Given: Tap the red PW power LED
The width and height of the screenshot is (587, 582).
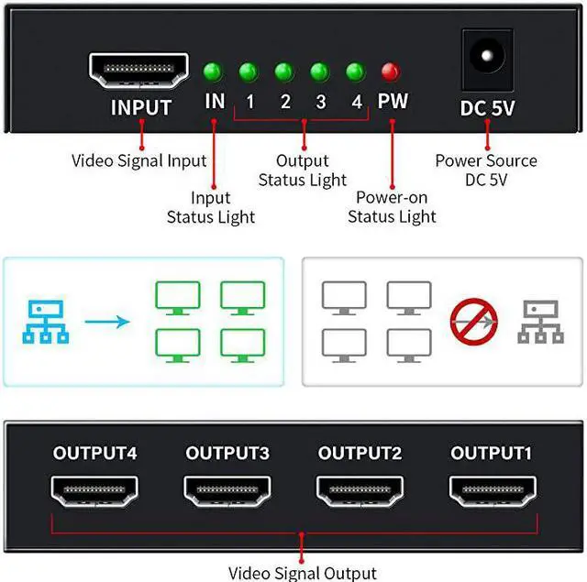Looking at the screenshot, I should (x=392, y=70).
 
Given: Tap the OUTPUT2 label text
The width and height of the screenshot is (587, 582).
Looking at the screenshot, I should (x=360, y=453).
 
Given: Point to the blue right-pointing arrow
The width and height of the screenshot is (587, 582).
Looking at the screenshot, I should (x=108, y=322).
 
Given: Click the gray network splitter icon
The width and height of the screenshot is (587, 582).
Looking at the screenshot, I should (x=541, y=322).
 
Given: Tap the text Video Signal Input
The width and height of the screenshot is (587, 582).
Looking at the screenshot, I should (x=139, y=161).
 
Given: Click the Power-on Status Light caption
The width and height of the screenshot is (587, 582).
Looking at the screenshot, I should (x=395, y=206).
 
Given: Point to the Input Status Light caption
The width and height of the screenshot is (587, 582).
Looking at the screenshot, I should (x=210, y=207).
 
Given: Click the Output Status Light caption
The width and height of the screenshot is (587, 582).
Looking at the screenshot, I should (x=302, y=170).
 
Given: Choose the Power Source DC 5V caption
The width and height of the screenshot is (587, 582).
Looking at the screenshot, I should (x=486, y=170).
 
